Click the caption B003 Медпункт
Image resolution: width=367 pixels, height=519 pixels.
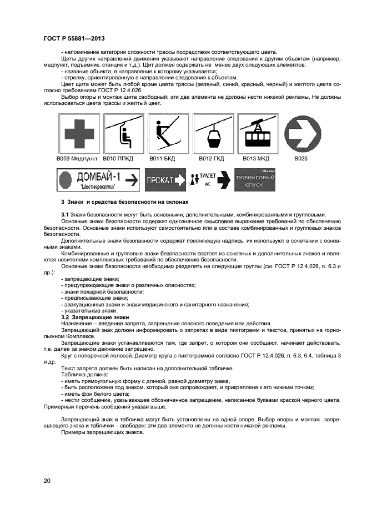click(x=77, y=158)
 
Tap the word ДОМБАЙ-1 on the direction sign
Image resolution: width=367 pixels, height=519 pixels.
click(x=100, y=177)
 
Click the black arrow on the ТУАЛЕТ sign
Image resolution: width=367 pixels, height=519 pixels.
click(x=223, y=180)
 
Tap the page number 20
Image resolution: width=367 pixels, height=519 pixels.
click(x=47, y=481)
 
